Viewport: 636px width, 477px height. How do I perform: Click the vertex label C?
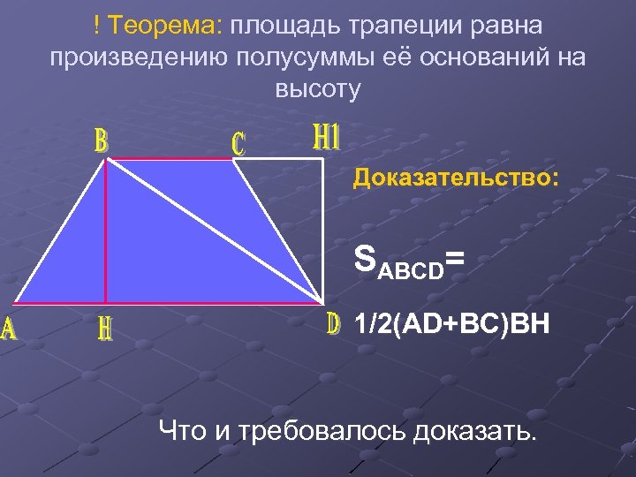click(238, 143)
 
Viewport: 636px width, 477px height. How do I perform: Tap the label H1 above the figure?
click(327, 137)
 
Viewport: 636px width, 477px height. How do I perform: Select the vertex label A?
click(9, 329)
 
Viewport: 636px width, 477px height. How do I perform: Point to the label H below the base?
click(105, 329)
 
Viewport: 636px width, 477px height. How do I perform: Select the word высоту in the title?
click(317, 88)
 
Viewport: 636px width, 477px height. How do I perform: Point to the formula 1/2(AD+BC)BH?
click(450, 325)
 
